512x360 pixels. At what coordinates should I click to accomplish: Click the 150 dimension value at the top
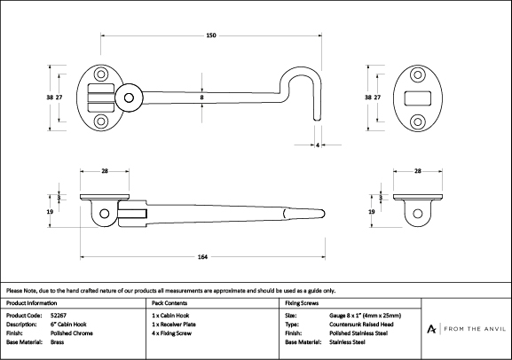point(211,35)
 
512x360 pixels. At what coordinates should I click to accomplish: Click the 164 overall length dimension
point(202,257)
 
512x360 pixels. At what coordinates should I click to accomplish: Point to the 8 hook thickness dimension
point(201,98)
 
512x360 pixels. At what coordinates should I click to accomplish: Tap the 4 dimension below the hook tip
point(318,145)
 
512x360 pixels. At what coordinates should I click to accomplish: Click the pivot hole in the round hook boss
point(129,98)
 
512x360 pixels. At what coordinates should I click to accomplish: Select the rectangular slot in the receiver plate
point(418,98)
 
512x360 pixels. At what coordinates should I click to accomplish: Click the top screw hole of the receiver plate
point(418,75)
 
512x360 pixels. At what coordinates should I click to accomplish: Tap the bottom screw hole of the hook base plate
point(101,121)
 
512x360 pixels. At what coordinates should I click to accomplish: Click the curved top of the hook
point(301,69)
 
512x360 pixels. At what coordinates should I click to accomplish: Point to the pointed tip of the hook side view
point(323,214)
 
